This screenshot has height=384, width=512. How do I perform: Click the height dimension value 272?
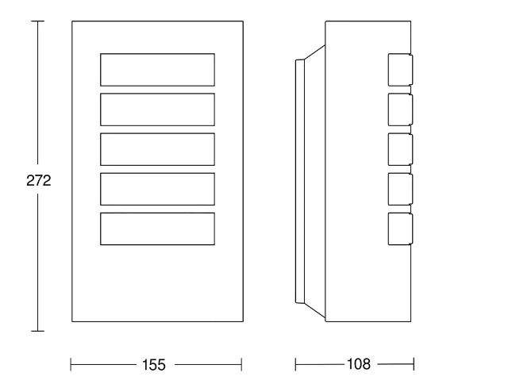click(x=39, y=180)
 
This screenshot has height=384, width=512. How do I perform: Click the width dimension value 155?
click(x=154, y=364)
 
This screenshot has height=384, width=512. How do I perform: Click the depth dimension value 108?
click(x=359, y=364)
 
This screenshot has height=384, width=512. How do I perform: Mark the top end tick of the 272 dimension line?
click(x=37, y=21)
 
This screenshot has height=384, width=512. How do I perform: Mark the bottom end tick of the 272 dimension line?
click(x=37, y=331)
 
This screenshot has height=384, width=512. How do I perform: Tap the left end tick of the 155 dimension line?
click(x=71, y=364)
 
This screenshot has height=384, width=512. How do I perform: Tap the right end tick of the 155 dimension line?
click(x=241, y=364)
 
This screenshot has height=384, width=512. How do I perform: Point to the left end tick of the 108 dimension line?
click(x=295, y=364)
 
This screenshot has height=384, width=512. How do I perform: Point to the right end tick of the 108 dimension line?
click(x=414, y=364)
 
